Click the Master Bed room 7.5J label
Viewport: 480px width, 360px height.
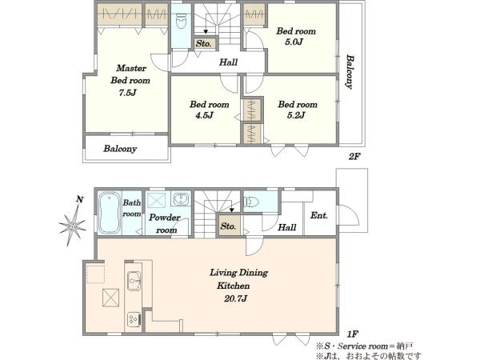(x=130, y=80)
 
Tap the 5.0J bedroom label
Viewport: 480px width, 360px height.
(x=296, y=36)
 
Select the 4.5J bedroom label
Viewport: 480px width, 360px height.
(x=209, y=110)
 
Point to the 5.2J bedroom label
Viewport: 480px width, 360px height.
(x=298, y=110)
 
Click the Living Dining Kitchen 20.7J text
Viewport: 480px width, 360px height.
(x=238, y=286)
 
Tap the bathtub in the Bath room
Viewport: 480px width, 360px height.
(x=110, y=213)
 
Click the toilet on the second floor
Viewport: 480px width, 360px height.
(x=181, y=20)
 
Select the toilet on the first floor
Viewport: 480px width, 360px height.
(x=251, y=202)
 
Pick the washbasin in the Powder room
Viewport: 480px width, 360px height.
(x=181, y=199)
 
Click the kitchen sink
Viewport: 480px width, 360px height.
(x=134, y=281)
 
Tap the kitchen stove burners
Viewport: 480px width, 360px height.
(x=134, y=319)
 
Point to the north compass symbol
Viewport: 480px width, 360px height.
(x=74, y=222)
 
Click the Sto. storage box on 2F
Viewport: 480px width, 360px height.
(x=205, y=43)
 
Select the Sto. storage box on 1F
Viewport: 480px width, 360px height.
(x=230, y=226)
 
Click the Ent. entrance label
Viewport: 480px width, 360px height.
(x=319, y=215)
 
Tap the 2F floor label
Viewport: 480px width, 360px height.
(x=354, y=157)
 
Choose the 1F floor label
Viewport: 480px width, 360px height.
(x=353, y=334)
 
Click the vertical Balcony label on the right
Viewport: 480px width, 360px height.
(x=350, y=72)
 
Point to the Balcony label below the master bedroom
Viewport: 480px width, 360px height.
(x=120, y=149)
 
